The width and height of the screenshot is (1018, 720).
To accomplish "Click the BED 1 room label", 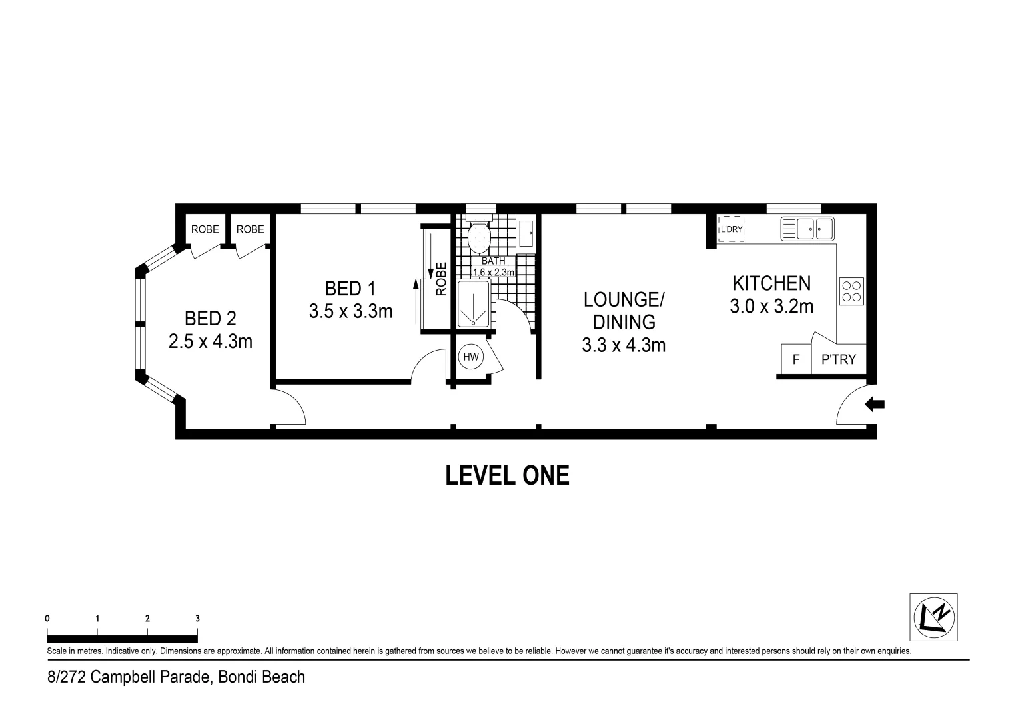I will click(x=350, y=289).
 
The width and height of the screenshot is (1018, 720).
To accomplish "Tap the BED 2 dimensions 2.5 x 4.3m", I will click(x=210, y=342).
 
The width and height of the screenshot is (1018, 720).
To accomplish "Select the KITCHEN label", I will click(x=771, y=283).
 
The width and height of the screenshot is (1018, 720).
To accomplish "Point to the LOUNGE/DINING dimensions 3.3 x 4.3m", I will click(x=623, y=345).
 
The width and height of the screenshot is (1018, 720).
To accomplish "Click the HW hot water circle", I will click(x=471, y=357).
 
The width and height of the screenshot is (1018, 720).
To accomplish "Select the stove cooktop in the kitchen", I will click(x=851, y=291).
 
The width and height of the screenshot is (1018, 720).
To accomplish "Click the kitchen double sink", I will click(x=807, y=229).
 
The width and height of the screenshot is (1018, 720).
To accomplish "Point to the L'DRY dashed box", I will click(x=731, y=229).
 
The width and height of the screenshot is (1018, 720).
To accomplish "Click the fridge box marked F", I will click(x=795, y=359).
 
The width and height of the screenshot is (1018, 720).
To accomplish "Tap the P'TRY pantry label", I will click(x=838, y=360).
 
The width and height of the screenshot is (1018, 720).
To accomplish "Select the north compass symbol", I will click(x=933, y=617).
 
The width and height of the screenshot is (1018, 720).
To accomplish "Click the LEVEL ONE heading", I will click(x=507, y=475).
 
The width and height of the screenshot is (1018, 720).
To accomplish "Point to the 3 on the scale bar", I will click(x=197, y=618).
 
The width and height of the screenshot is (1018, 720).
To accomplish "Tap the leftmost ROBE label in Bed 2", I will click(x=205, y=229).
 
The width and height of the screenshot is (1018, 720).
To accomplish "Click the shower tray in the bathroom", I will click(x=474, y=303).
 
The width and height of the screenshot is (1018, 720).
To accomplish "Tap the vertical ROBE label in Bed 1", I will click(x=440, y=278).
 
